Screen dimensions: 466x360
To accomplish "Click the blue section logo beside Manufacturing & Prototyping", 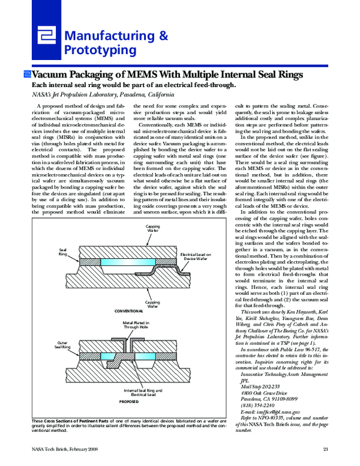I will [46, 40].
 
